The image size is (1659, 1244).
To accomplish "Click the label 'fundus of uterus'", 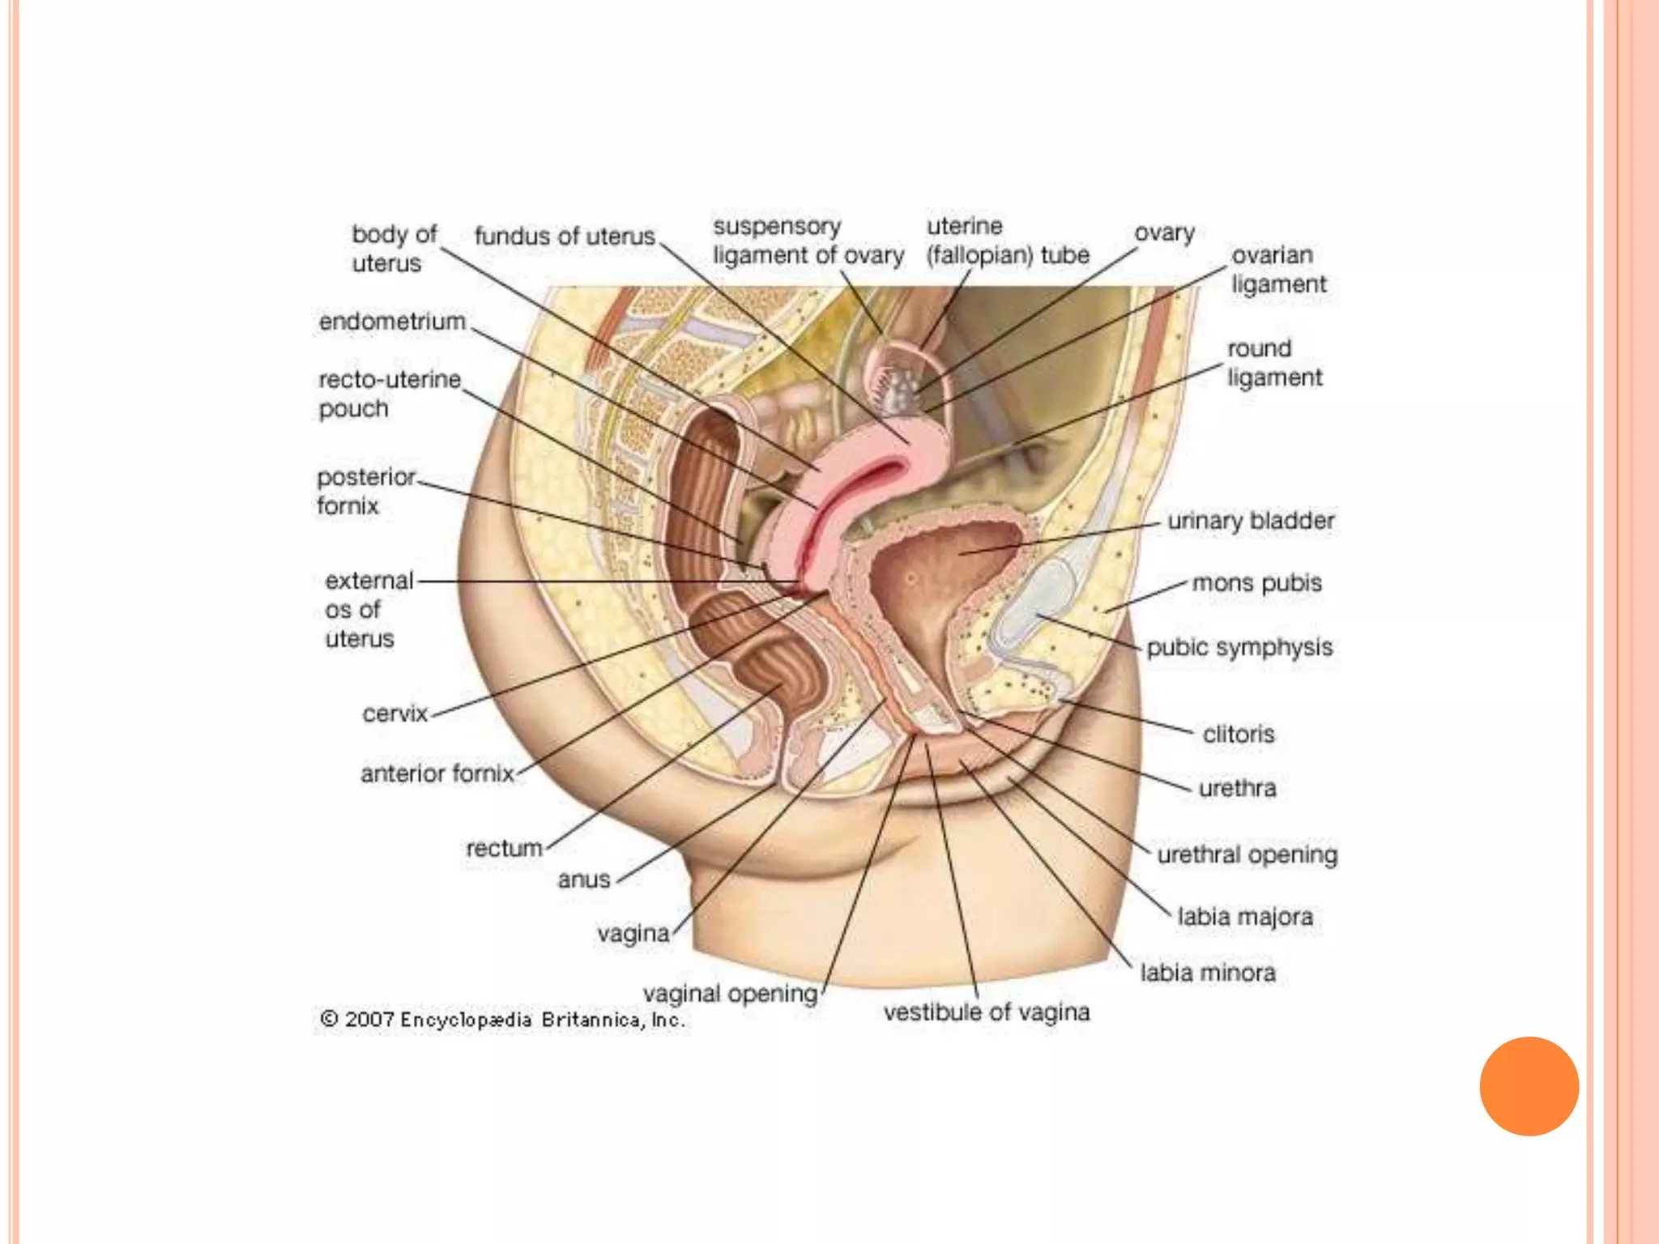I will coord(565,236).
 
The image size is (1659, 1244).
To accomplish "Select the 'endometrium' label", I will coord(392,322).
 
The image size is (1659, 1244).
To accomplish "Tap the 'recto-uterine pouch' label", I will coord(389,394).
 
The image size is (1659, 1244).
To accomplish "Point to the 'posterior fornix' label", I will coord(365,491).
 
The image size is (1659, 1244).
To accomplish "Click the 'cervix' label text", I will coord(394,714).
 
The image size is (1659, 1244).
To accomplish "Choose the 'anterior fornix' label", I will coord(437,773).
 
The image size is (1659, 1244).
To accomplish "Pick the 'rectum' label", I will coord(504,848).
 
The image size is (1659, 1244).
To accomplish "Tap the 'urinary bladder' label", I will coord(1251,521).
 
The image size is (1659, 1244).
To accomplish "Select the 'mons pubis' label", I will coord(1256,582).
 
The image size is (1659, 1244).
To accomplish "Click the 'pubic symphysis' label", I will coord(1239,647).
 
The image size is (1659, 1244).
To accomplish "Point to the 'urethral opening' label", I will coord(1247,854).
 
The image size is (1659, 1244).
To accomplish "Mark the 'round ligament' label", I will coord(1274,363).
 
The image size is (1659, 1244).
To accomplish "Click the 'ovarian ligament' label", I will coord(1279,269).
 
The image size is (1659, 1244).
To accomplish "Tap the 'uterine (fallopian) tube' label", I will coord(1008,241).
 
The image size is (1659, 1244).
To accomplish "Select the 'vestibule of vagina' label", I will coord(987,1012).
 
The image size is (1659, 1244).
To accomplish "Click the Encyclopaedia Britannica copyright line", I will coord(503,1019).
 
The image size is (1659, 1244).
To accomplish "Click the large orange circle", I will coord(1529,1086).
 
